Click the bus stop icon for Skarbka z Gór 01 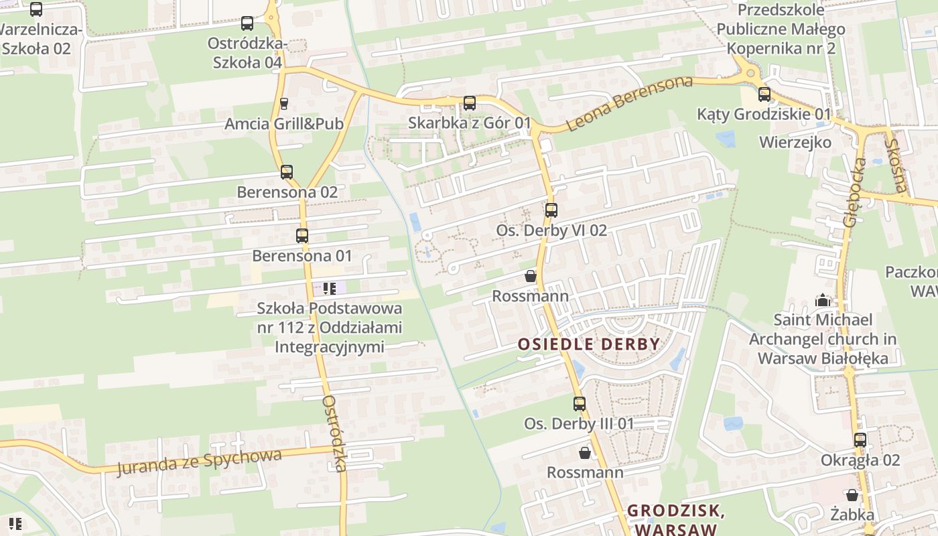click(x=470, y=103)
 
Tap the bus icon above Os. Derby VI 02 click(x=551, y=210)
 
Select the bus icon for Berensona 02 click(x=287, y=172)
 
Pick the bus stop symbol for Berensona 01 click(x=302, y=236)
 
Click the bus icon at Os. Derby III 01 click(x=580, y=404)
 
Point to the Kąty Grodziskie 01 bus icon click(x=764, y=94)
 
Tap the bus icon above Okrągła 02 click(x=860, y=440)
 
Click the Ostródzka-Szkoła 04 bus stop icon click(x=247, y=23)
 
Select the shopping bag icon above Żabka click(x=852, y=495)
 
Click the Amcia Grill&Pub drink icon click(x=284, y=104)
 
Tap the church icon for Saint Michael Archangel click(x=823, y=300)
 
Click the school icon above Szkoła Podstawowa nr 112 click(x=329, y=289)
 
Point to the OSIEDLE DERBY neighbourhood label click(x=589, y=344)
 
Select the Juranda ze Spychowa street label click(x=199, y=462)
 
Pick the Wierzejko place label click(x=795, y=142)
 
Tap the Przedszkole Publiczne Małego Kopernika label click(x=781, y=29)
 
